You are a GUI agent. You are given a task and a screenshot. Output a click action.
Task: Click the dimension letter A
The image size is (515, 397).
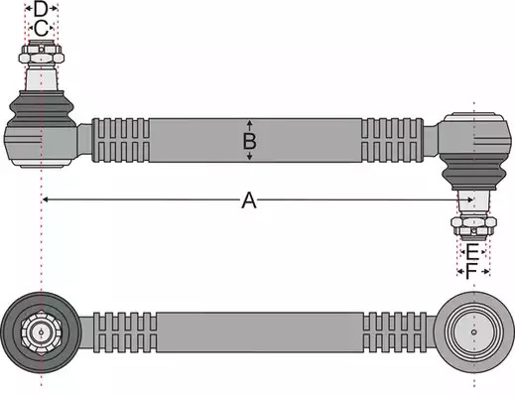pyautogui.click(x=249, y=200)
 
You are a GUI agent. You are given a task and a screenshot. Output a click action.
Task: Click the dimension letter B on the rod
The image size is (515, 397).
pyautogui.click(x=249, y=141)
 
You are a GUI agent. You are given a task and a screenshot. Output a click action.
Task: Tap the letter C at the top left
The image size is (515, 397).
pyautogui.click(x=41, y=29)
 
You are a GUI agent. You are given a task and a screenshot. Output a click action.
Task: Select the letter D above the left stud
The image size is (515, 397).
pyautogui.click(x=41, y=9)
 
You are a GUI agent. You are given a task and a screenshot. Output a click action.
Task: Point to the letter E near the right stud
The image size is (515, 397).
pyautogui.click(x=472, y=252)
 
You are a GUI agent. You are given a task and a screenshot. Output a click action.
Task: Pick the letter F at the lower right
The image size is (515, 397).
pyautogui.click(x=471, y=272)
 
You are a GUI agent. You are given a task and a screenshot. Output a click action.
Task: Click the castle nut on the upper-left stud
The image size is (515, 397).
pyautogui.click(x=41, y=54)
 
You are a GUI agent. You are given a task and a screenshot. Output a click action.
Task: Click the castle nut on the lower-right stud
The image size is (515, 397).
pyautogui.click(x=473, y=226)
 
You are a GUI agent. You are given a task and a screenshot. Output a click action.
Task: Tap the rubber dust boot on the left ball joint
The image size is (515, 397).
pyautogui.click(x=41, y=108)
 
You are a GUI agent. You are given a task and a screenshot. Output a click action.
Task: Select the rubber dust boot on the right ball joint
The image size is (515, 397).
pyautogui.click(x=473, y=172)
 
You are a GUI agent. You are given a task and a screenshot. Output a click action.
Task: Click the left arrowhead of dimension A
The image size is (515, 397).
pyautogui.click(x=46, y=199)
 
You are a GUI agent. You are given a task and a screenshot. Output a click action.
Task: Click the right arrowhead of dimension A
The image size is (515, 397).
pyautogui.click(x=469, y=199)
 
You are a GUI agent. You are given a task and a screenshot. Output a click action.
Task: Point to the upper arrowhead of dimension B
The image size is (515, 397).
pyautogui.click(x=250, y=123)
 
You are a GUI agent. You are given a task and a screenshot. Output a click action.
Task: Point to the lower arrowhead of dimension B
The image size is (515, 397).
pyautogui.click(x=250, y=157)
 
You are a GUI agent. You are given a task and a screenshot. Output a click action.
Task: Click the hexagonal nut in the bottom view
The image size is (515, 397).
pyautogui.click(x=41, y=332)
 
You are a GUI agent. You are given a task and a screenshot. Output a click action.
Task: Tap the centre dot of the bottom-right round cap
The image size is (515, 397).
pyautogui.click(x=474, y=331)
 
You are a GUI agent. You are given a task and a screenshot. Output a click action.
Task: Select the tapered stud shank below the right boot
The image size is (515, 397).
pyautogui.click(x=473, y=203)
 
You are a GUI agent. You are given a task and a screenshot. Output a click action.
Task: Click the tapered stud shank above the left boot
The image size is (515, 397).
pyautogui.click(x=41, y=76)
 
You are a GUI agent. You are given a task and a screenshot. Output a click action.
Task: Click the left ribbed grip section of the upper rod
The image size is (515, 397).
pyautogui.click(x=121, y=140)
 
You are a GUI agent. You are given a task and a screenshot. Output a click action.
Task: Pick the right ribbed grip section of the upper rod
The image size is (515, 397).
pyautogui.click(x=392, y=140)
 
